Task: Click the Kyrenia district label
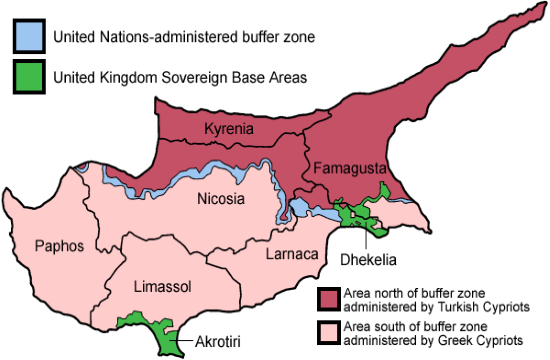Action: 228,129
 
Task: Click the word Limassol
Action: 162,287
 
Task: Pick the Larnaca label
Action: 292,254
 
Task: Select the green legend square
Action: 29,76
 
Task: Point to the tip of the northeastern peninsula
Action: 524,11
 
